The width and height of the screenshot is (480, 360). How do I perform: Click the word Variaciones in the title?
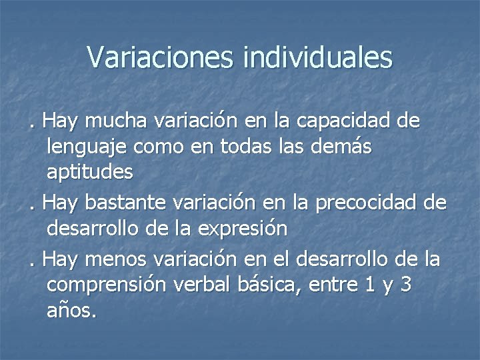point(161,58)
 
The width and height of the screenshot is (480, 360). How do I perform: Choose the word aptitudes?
point(90,173)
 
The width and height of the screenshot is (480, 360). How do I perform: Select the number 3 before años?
point(405,284)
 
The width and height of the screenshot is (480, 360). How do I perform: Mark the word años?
point(71,310)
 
